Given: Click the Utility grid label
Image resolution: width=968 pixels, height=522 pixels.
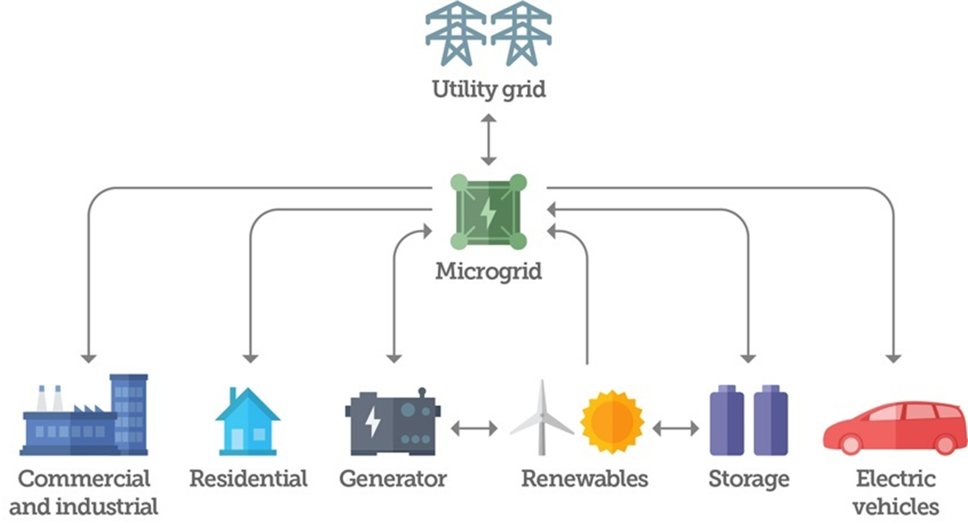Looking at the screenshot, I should point(488,90).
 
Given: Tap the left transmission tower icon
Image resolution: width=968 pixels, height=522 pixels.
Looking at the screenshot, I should point(456,33).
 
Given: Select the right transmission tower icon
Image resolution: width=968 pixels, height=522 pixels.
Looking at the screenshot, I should point(521,33).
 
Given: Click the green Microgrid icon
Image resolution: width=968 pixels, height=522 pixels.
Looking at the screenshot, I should point(488,212).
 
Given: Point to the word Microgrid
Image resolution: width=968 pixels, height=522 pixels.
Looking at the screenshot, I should point(489,271).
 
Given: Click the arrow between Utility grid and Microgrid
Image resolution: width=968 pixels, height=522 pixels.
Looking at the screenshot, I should point(488,139).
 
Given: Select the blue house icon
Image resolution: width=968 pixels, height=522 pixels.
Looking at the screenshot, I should point(247,421).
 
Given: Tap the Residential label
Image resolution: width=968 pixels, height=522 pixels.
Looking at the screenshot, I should point(248,479).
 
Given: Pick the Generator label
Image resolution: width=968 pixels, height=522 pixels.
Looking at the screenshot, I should point(393,479).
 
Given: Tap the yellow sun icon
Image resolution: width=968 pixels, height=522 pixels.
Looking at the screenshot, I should point(611,422).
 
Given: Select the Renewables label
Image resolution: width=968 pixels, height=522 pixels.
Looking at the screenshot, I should point(585,479).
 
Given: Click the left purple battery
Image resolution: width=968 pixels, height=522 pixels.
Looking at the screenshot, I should point(726,422).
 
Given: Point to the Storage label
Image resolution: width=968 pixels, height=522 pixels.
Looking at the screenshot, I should point(749,479).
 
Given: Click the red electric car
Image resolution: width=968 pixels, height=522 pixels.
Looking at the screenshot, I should point(894,427).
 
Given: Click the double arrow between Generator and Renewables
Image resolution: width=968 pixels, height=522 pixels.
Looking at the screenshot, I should point(474,428).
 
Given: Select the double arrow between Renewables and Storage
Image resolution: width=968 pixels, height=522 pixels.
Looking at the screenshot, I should point(676,428).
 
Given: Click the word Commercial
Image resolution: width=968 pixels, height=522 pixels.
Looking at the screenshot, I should point(84,479).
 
